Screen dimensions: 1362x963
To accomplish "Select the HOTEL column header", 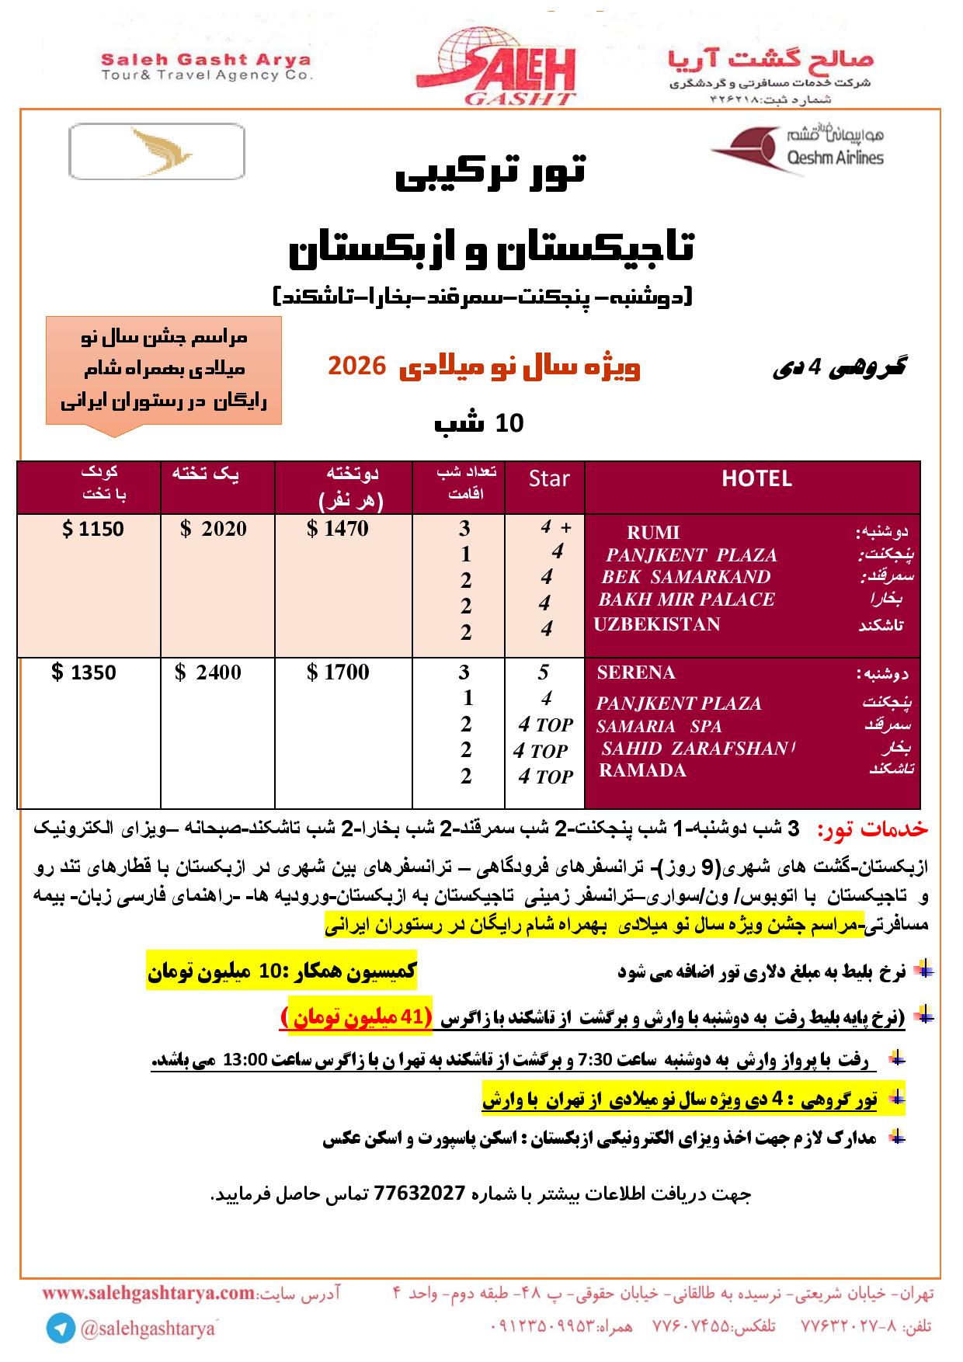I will coord(756,479).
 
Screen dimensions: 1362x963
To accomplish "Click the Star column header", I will coord(549,479).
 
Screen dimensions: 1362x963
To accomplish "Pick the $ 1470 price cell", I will coord(338,530).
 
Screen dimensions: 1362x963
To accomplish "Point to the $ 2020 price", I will coord(214,530).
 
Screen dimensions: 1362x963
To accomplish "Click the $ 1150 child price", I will coord(92,530).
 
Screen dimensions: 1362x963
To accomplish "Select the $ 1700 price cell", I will coord(339,672).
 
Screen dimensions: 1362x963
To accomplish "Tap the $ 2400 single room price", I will coord(208,672).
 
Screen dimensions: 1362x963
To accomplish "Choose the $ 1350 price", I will coord(84,672).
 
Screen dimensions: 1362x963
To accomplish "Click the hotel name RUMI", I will coord(652,533).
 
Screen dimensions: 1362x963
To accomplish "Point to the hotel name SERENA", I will coord(636,672).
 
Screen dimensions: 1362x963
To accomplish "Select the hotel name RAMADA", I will coord(642,770).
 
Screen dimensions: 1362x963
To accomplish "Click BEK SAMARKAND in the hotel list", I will coord(686,577).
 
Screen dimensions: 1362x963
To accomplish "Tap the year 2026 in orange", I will coord(356,366).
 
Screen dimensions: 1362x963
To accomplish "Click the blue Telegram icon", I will coord(61,1328).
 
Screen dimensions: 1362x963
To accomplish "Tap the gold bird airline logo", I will coord(156,151).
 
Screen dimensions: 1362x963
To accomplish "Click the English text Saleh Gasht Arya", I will coord(207,60).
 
